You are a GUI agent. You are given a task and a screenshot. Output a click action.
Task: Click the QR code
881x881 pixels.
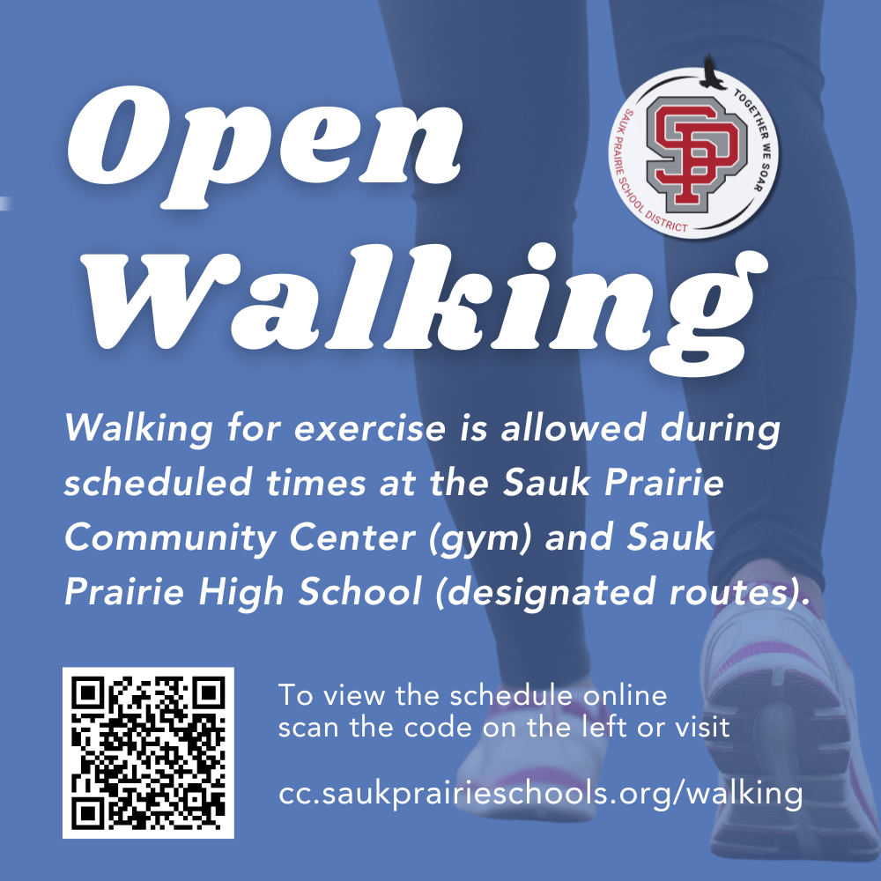(x=148, y=752)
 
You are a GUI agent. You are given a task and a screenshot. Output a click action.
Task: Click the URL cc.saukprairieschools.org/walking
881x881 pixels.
(x=540, y=793)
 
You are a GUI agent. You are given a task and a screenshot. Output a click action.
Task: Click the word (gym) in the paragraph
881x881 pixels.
(x=483, y=538)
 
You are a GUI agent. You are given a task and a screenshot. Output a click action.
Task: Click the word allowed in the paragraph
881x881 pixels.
(x=576, y=431)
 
